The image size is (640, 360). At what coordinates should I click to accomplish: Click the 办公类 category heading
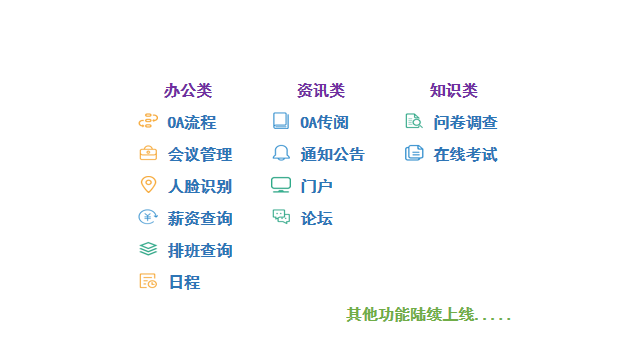pyautogui.click(x=188, y=90)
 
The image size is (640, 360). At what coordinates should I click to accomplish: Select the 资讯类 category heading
pyautogui.click(x=320, y=90)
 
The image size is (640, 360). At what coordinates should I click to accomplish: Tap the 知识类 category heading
pyautogui.click(x=453, y=90)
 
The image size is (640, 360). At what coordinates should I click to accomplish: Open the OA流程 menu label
pyautogui.click(x=192, y=122)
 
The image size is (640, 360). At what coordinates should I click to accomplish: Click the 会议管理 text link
pyautogui.click(x=200, y=154)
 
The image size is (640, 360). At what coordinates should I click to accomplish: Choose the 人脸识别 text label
pyautogui.click(x=200, y=186)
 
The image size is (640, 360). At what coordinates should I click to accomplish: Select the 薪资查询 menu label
pyautogui.click(x=200, y=218)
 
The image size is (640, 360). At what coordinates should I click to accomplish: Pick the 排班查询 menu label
pyautogui.click(x=200, y=250)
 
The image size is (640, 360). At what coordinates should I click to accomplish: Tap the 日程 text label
pyautogui.click(x=184, y=282)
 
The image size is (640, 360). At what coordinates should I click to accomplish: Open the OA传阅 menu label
pyautogui.click(x=324, y=122)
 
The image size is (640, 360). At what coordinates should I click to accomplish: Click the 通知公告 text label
pyautogui.click(x=332, y=154)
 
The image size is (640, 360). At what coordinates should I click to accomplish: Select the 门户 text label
pyautogui.click(x=316, y=186)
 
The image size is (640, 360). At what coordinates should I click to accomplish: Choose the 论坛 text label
pyautogui.click(x=316, y=218)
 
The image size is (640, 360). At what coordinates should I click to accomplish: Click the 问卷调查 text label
pyautogui.click(x=465, y=122)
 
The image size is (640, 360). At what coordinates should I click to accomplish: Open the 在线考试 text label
pyautogui.click(x=465, y=154)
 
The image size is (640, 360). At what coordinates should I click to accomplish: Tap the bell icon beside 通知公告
pyautogui.click(x=281, y=153)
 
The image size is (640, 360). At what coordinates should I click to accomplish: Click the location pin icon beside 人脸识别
pyautogui.click(x=148, y=185)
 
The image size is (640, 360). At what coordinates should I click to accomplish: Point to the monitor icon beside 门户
pyautogui.click(x=281, y=185)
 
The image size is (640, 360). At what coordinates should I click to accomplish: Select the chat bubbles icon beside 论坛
pyautogui.click(x=281, y=217)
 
